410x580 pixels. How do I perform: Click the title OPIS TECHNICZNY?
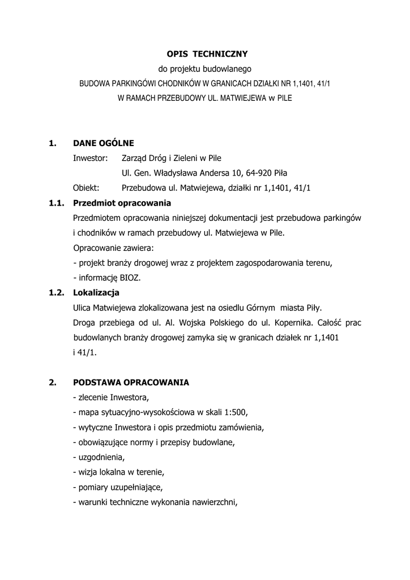click(207, 54)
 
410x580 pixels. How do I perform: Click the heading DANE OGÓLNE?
click(104, 143)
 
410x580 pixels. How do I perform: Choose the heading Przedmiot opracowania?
click(122, 203)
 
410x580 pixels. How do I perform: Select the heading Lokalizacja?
click(96, 293)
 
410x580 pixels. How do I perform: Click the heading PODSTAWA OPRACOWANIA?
click(131, 383)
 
